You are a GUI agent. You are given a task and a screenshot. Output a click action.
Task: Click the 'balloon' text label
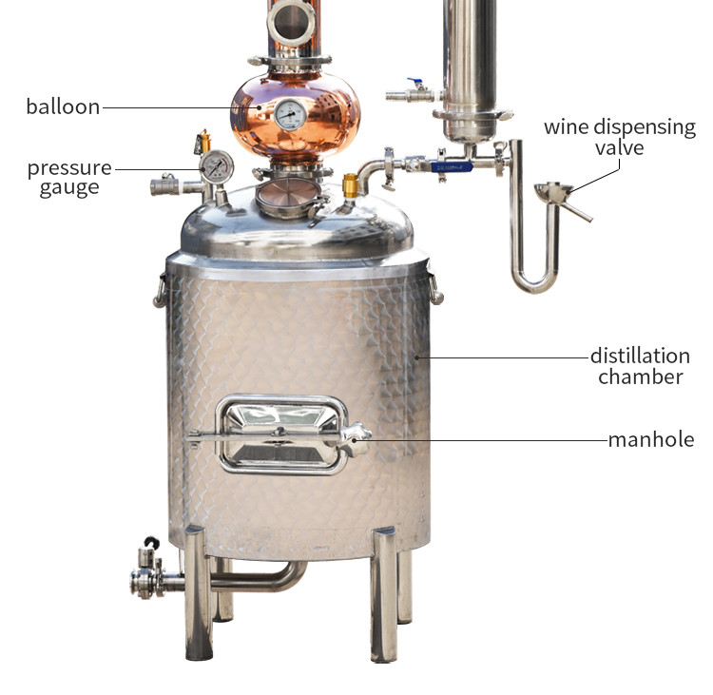click(x=63, y=106)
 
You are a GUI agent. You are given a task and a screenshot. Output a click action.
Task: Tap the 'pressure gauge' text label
click(x=69, y=178)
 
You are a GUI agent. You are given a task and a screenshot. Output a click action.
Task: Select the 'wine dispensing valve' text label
click(x=619, y=137)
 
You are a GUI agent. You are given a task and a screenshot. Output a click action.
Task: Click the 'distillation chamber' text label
click(x=639, y=366)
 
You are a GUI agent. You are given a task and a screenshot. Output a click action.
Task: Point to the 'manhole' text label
click(x=649, y=439)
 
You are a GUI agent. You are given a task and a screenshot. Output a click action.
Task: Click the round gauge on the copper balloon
click(x=290, y=114)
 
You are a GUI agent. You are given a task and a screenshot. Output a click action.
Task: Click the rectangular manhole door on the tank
click(x=279, y=434)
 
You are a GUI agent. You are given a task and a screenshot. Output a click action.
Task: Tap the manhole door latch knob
click(x=356, y=438)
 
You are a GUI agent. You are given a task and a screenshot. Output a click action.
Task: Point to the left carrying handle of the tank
click(x=160, y=289)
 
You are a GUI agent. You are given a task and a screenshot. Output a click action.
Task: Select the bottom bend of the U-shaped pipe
click(x=534, y=282)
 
